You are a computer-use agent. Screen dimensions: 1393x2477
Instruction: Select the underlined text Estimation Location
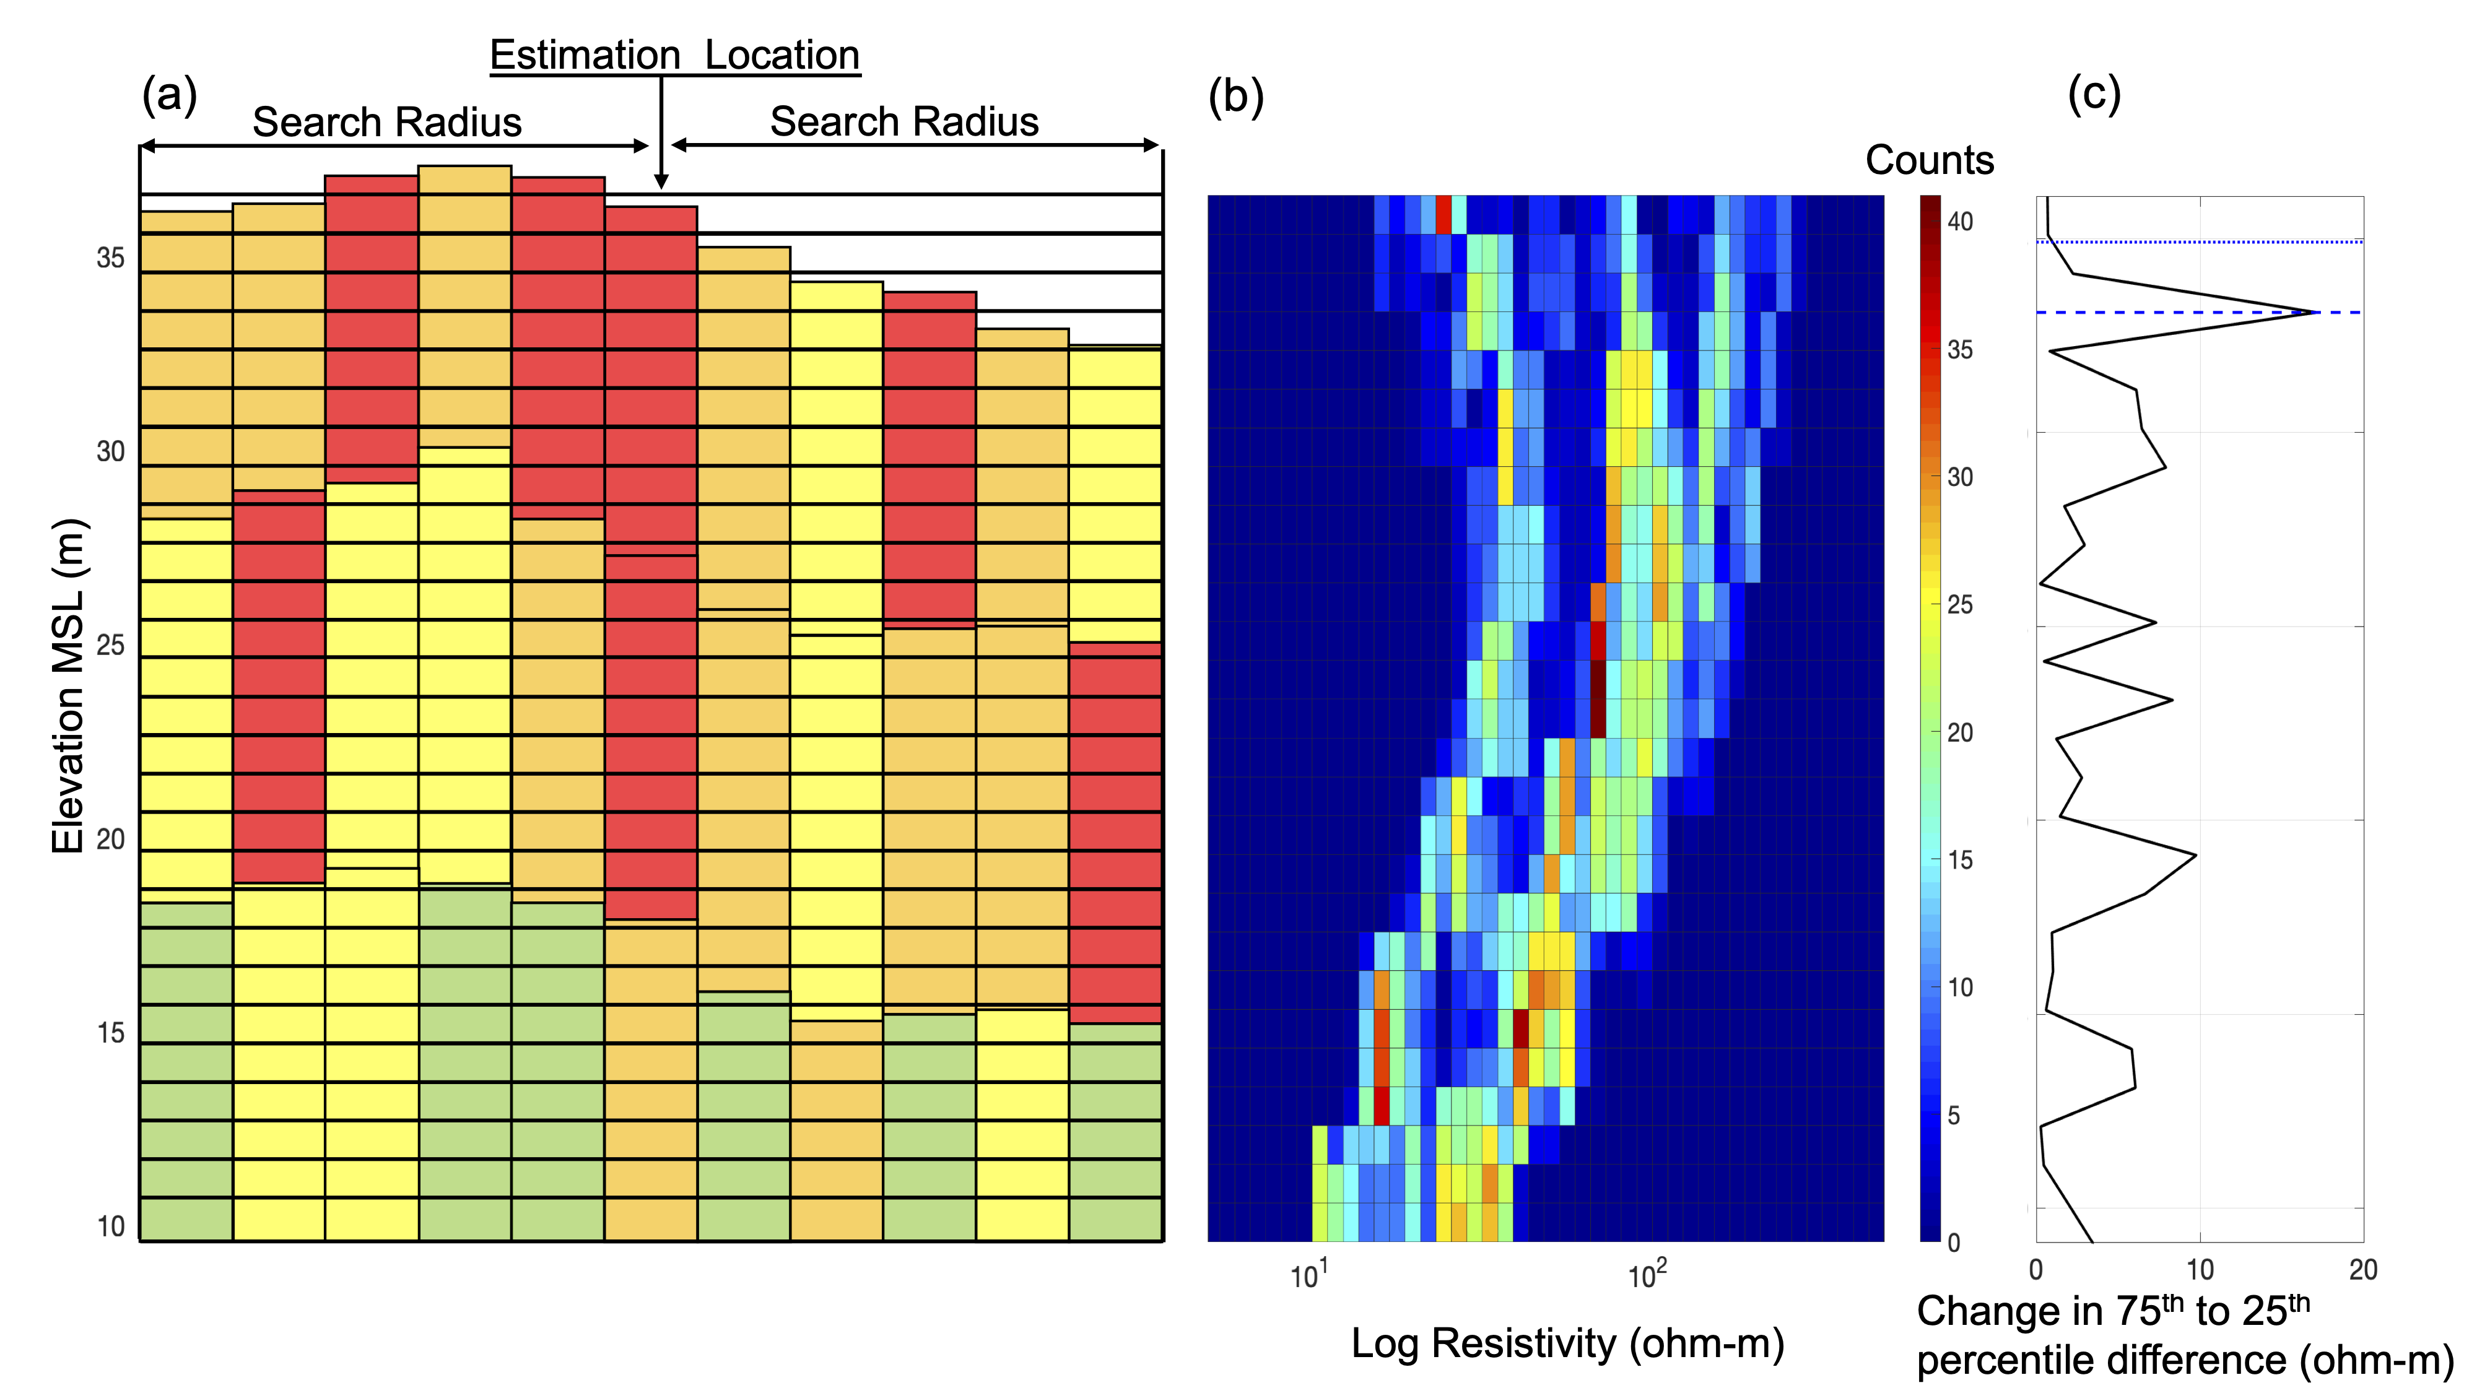674,55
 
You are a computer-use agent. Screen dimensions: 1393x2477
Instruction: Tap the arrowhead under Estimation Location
661,181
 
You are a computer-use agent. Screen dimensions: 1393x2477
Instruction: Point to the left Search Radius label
386,122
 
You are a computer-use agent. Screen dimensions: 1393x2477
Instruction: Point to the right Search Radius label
904,122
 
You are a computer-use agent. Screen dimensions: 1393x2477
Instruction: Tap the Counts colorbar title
1929,160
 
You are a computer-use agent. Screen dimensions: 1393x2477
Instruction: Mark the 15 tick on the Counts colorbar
1960,859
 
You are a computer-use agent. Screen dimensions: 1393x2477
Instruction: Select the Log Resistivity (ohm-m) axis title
1567,1343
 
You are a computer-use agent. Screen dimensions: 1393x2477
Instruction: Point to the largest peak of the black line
2317,313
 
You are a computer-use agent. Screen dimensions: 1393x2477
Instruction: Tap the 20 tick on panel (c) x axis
2362,1270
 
